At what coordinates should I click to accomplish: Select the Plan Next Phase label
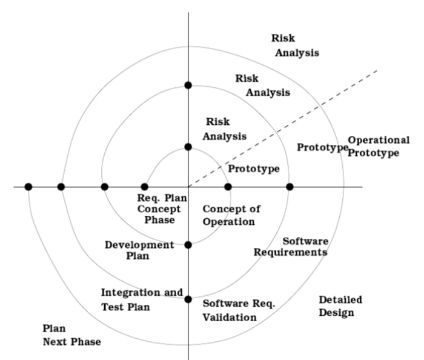[71, 335]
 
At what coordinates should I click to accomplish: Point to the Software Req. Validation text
[239, 310]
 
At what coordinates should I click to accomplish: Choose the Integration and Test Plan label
[142, 299]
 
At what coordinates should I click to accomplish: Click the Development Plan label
[139, 250]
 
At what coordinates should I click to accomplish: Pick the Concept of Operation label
[231, 215]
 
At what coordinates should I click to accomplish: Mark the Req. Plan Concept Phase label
[162, 209]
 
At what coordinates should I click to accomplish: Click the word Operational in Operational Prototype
[379, 141]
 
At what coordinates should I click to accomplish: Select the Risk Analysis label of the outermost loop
[296, 45]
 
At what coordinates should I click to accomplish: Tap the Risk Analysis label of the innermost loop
[224, 129]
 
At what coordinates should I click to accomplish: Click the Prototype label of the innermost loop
[254, 168]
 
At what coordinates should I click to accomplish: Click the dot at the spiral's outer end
[28, 187]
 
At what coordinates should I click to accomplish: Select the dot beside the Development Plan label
[188, 245]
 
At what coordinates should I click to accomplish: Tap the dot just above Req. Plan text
[144, 187]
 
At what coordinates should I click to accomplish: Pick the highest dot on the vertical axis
[188, 85]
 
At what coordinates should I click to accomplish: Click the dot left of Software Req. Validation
[188, 299]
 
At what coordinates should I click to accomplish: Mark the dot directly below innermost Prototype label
[228, 187]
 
